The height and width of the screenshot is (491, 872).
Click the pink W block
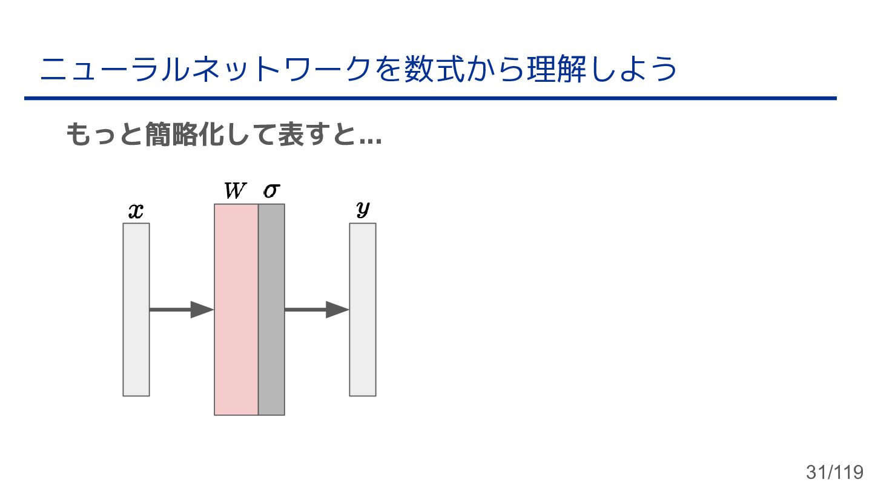pyautogui.click(x=236, y=309)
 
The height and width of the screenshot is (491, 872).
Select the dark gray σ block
pyautogui.click(x=271, y=309)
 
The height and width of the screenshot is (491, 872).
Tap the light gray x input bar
pyautogui.click(x=136, y=309)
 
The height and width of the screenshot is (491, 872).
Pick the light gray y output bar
pyautogui.click(x=363, y=309)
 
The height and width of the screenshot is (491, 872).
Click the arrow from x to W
pyautogui.click(x=181, y=309)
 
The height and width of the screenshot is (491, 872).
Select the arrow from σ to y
pyautogui.click(x=316, y=309)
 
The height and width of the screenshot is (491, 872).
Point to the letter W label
pyautogui.click(x=235, y=192)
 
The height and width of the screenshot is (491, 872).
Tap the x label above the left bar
pyautogui.click(x=136, y=212)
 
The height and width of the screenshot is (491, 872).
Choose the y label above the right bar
pyautogui.click(x=363, y=210)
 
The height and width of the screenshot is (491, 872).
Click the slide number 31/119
pyautogui.click(x=834, y=472)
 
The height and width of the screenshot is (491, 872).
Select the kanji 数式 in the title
pyautogui.click(x=431, y=70)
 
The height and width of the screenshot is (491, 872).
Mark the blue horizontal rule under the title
pyautogui.click(x=430, y=98)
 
